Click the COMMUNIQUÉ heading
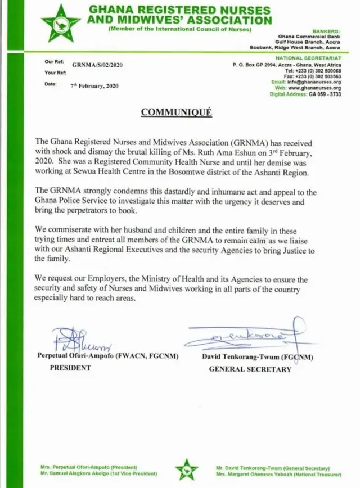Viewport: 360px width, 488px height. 176,112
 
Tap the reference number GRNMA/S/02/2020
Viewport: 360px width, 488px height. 93,65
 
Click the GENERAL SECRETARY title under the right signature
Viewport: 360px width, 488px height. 250,369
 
